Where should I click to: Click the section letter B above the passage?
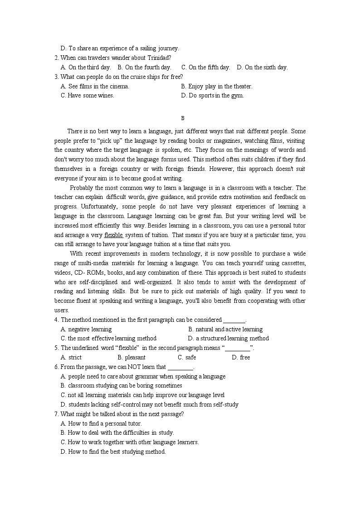pos(183,118)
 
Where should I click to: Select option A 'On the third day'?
pos(86,68)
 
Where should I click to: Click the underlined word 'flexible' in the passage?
pos(113,235)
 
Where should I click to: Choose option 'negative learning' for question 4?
pos(86,329)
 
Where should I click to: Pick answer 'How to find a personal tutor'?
pos(101,423)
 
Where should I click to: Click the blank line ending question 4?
pos(234,320)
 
